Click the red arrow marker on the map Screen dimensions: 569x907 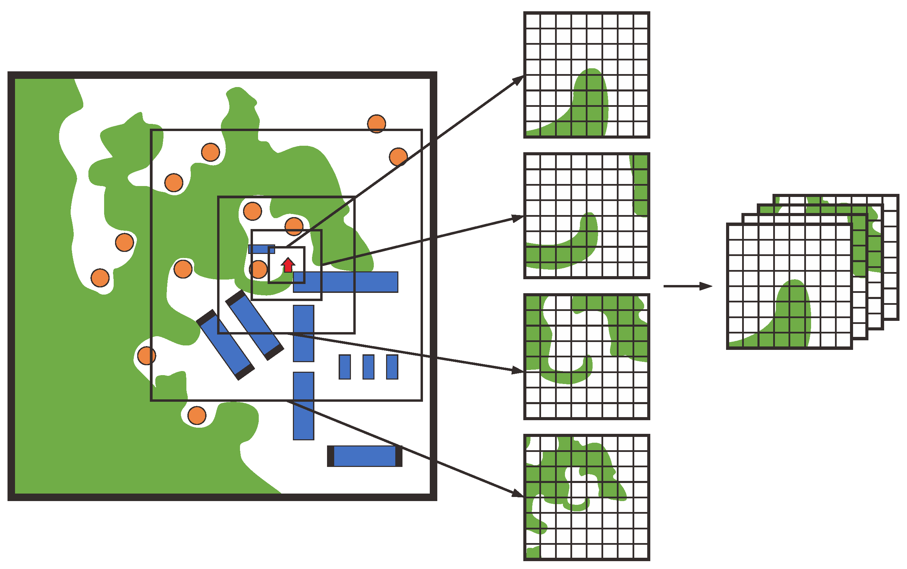click(x=288, y=265)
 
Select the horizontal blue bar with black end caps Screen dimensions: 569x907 click(x=364, y=456)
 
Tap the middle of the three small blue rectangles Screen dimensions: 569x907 click(x=368, y=367)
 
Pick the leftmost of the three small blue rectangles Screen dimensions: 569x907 click(x=345, y=367)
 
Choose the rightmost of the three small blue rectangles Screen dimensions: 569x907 click(x=392, y=367)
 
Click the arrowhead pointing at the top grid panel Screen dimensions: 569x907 click(x=518, y=80)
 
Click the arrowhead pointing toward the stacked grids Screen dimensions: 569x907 click(x=706, y=286)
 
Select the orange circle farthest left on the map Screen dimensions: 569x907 click(x=100, y=278)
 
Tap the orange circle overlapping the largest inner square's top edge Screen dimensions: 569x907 click(x=376, y=124)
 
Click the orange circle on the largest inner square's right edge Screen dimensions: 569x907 click(x=398, y=157)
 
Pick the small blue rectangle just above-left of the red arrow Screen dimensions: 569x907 click(x=261, y=249)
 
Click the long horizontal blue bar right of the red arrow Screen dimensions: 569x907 click(x=345, y=282)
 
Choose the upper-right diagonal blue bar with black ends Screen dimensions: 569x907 click(x=255, y=325)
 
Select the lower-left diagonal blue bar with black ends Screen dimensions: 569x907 click(x=225, y=345)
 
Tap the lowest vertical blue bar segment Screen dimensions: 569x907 click(x=303, y=406)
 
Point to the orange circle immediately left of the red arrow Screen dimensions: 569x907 click(x=258, y=269)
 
